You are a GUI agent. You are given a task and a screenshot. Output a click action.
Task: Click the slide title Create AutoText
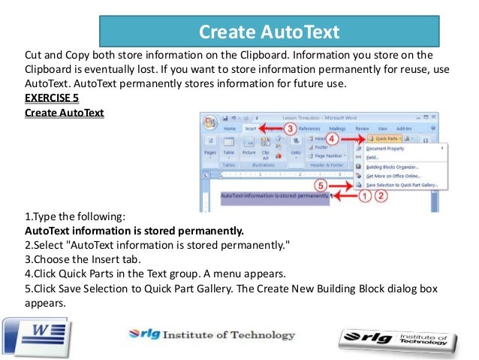(269, 32)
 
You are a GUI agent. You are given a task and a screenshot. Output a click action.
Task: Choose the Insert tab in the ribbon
(251, 129)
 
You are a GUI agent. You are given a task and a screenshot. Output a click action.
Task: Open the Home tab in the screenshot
(230, 129)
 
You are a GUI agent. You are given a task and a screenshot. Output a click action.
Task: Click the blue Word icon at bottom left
(35, 331)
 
